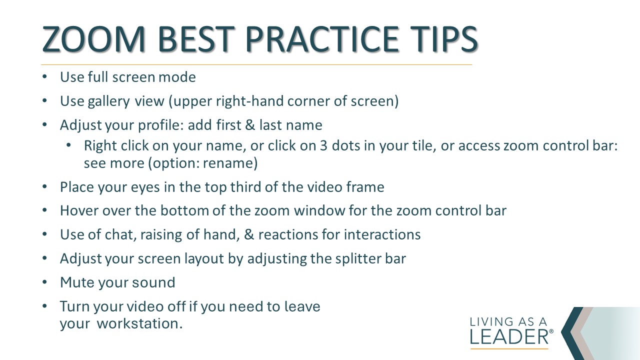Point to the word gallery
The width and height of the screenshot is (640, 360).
[108, 101]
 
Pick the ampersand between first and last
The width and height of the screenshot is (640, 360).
[249, 125]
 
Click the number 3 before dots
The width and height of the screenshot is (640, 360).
[323, 145]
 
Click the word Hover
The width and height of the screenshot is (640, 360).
[79, 210]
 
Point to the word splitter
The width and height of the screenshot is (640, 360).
[358, 259]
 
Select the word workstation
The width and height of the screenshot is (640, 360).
[139, 323]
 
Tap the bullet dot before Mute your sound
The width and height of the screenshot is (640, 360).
[44, 282]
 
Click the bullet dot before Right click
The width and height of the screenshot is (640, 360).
[68, 145]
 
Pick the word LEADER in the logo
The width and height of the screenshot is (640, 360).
[509, 337]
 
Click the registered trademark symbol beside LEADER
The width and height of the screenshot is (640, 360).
[551, 331]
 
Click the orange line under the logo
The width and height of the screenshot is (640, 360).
[509, 349]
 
